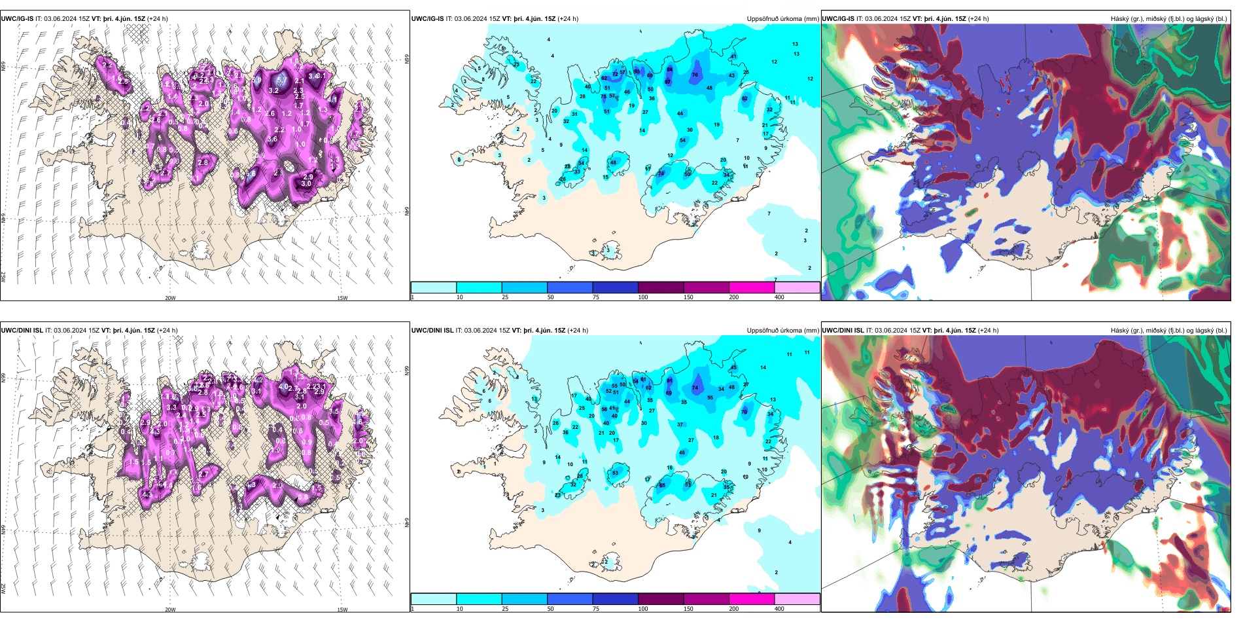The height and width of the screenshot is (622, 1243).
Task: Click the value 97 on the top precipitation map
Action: coord(667,82)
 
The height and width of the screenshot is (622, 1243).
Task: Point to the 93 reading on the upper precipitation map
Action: coord(637,71)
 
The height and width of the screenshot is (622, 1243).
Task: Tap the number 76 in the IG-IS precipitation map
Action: coord(695,75)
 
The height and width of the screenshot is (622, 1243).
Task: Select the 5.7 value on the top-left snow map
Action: coord(282,80)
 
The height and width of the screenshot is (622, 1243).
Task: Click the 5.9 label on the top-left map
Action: coord(256,80)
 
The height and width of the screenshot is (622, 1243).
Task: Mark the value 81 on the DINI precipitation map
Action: coord(643,379)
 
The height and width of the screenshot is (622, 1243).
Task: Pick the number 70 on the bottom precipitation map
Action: coord(744,412)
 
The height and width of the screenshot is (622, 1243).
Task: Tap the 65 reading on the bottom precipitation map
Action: coord(662,485)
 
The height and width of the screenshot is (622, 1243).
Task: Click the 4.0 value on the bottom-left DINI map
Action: coord(283,386)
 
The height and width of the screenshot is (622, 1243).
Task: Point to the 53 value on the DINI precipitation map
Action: coord(615,473)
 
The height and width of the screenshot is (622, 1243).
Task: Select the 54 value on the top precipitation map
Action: coord(682,140)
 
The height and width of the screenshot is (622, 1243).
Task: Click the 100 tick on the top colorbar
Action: coord(642,297)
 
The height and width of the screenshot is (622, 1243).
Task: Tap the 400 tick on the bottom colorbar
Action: coord(779,609)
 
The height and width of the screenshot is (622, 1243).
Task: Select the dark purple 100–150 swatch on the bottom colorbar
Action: coord(661,599)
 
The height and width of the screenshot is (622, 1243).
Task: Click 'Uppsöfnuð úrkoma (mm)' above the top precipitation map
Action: coord(782,19)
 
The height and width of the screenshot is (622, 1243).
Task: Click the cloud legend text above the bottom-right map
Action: coord(1168,331)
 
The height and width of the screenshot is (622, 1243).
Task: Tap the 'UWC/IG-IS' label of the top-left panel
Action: coord(18,19)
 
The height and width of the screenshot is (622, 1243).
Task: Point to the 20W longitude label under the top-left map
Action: coord(170,298)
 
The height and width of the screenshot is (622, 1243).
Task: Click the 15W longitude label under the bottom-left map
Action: coord(342,610)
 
